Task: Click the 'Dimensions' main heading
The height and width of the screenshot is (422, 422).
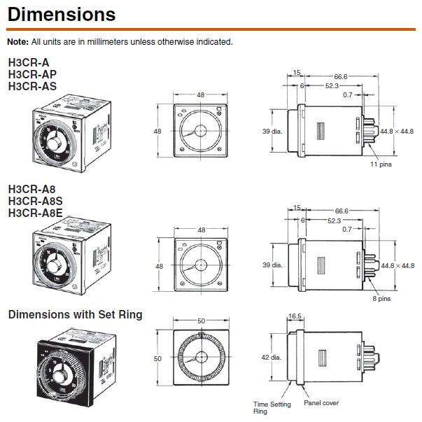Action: [62, 13]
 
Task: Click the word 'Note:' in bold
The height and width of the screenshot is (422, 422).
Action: [18, 42]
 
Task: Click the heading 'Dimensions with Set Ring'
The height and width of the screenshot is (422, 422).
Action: [75, 315]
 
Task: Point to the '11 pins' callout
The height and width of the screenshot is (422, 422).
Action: [381, 164]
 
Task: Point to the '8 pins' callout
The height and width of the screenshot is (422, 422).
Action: [381, 298]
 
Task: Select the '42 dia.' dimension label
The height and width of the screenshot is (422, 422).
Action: [271, 358]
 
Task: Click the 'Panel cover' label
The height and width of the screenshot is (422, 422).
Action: [321, 403]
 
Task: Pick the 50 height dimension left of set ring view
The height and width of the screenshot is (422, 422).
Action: [157, 358]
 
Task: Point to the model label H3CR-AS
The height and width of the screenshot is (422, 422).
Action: [33, 86]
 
